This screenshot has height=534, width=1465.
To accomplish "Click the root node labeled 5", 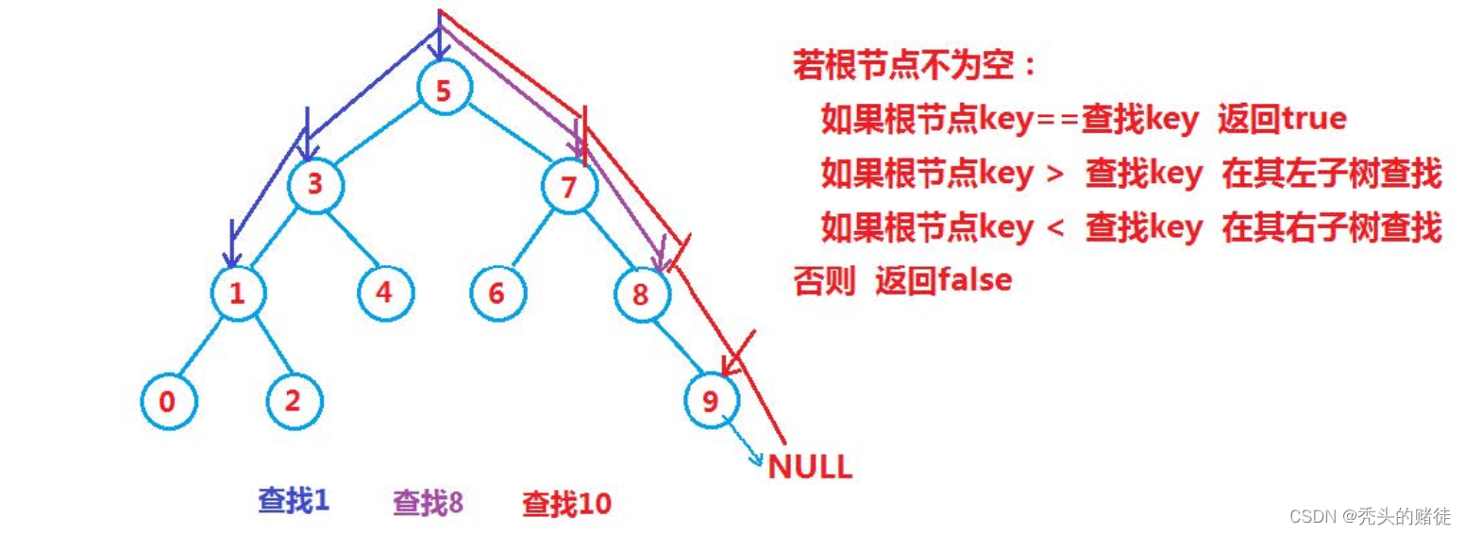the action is coord(444,92).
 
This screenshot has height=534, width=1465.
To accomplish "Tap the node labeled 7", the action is coord(568,187).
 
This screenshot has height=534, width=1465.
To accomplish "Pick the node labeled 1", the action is coord(237,293).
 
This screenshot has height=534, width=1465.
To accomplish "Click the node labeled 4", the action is coord(384,292).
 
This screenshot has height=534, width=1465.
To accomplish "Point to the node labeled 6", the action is coord(497,293).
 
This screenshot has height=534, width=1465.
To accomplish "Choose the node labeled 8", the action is coord(641,295).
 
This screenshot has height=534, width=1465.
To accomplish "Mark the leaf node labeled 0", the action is coord(168,402).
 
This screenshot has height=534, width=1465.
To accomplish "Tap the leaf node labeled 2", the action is coord(293,401).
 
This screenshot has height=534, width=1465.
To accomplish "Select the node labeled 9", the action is coord(712,401).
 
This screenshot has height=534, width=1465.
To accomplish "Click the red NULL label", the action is coord(810,467).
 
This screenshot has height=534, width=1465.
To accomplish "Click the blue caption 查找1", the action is coord(294,500).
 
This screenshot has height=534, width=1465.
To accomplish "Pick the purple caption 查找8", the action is coord(428,502).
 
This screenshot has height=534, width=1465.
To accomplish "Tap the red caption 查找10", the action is coord(566,504).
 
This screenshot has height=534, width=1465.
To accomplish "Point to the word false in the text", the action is coord(975,280).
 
